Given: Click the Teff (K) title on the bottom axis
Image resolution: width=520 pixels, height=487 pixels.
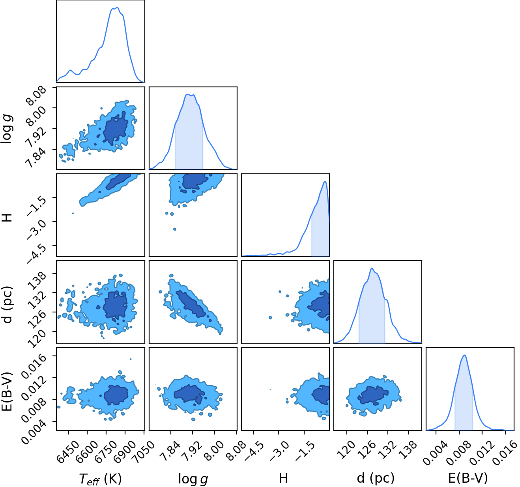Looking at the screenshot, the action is pos(100,479).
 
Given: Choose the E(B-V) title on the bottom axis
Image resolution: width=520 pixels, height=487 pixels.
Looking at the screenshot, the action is pos(468,478).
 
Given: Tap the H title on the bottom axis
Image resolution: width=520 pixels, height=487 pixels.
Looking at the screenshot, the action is pos(283,478).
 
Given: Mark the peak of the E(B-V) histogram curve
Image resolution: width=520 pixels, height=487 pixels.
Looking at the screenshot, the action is pos(465,355).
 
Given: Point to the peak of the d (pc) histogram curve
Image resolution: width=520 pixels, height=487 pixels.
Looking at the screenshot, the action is pos(372,268).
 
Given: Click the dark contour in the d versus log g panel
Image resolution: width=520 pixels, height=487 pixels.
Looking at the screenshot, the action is pos(191,304).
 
